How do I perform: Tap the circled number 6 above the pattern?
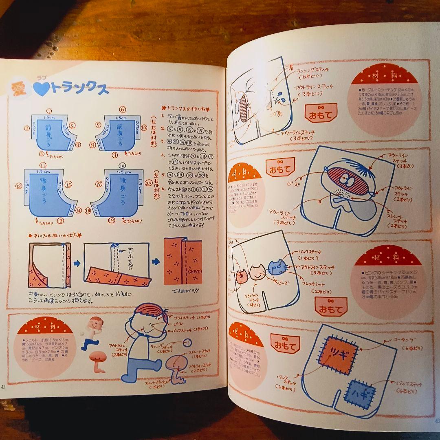point(122,110)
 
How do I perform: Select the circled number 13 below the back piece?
point(60,221)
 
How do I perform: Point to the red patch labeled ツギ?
point(337,353)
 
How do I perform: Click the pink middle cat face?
point(257,272)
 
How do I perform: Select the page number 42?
point(4,387)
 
